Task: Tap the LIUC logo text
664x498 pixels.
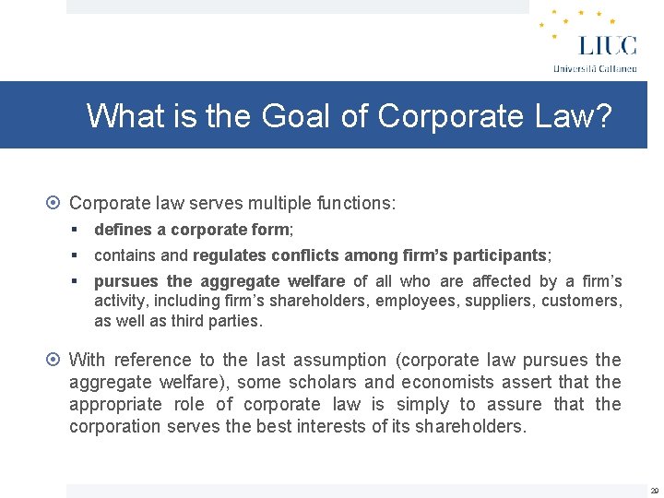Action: pyautogui.click(x=607, y=46)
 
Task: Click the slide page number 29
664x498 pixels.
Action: pyautogui.click(x=654, y=491)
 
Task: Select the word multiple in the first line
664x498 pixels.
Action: pyautogui.click(x=267, y=203)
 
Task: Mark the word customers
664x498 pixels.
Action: pyautogui.click(x=581, y=301)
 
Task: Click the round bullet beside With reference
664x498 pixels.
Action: pyautogui.click(x=55, y=360)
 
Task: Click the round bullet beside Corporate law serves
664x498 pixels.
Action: pyautogui.click(x=55, y=203)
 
